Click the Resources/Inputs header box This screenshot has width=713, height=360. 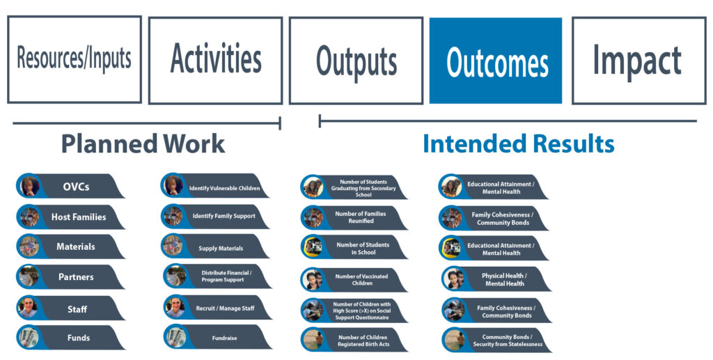coord(75,59)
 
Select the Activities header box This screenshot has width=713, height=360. coord(216,60)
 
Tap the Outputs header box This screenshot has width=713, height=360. coord(356,61)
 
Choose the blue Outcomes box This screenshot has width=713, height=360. coord(496,61)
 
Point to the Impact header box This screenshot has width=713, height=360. coord(638,61)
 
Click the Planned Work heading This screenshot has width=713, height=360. coord(143,143)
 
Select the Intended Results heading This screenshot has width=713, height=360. coord(518,143)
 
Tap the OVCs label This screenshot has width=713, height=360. coord(76,187)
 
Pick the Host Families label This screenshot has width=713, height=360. coord(79,217)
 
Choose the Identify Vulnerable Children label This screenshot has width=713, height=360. coord(225,188)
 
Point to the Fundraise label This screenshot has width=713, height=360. coord(225,338)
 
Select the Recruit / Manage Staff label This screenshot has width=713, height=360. coord(225,308)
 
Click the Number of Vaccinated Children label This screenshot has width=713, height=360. coord(361,279)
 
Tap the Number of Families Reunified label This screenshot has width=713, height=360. coord(361,217)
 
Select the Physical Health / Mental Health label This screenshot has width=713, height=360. coord(504,279)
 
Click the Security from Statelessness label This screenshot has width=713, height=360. coord(508,344)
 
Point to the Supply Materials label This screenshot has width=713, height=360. coord(221,249)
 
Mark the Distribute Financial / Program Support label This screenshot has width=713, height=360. coord(226,276)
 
